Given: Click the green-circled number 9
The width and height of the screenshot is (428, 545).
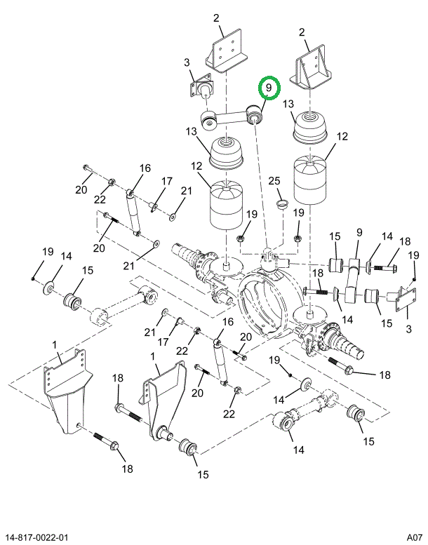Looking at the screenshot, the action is (269, 88).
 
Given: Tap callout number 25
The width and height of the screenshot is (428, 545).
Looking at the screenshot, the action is (274, 181).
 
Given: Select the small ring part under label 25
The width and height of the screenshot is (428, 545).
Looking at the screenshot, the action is (282, 203).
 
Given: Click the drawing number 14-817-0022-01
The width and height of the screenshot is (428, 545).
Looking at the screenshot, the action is (34, 537).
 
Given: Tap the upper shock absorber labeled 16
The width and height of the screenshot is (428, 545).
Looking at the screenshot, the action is (134, 212).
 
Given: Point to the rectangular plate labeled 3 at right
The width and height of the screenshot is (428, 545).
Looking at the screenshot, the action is (406, 300).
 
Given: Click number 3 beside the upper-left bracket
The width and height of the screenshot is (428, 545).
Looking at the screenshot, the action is (187, 62).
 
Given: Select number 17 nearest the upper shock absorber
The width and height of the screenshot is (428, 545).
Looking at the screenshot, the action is (167, 181).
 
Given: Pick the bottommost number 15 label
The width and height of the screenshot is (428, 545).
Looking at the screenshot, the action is (203, 474).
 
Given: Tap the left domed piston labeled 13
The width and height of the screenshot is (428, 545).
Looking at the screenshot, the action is (227, 152).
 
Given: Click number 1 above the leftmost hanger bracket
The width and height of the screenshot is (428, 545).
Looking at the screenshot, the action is (55, 345).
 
